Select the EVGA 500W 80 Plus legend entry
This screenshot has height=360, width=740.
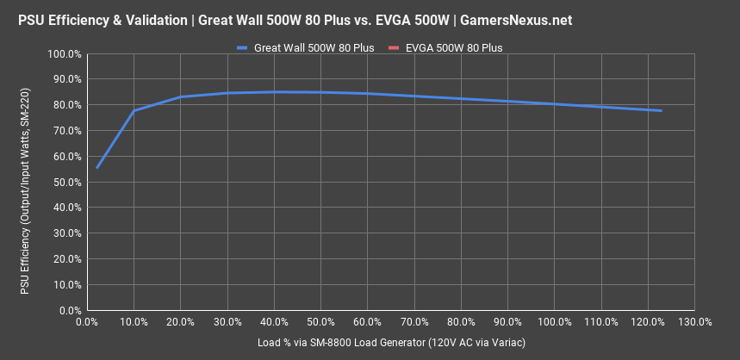pos(453,48)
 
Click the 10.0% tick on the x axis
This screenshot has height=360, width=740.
pos(134,322)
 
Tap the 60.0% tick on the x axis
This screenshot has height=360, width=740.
pos(367,322)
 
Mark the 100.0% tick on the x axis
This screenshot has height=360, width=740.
pos(554,322)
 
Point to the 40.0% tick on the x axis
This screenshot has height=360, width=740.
pos(274,322)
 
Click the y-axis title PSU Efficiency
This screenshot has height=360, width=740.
pos(26,182)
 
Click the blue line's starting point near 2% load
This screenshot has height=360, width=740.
pos(96,168)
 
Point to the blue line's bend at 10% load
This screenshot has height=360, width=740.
pos(134,111)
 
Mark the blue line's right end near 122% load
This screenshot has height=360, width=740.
pos(661,110)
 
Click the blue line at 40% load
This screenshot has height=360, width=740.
pos(274,91)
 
